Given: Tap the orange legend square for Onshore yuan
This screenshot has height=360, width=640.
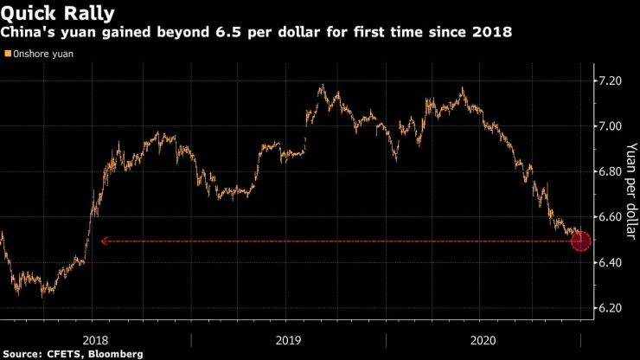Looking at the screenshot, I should coord(7,54).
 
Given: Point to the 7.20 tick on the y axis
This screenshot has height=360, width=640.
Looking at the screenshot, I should coord(611,80).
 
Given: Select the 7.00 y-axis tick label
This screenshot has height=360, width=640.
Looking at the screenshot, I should coord(611,126).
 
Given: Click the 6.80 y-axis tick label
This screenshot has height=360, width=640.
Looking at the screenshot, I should coord(611,171).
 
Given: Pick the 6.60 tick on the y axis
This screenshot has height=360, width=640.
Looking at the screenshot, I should coord(611,217).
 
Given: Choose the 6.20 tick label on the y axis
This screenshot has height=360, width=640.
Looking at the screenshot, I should coord(611,308).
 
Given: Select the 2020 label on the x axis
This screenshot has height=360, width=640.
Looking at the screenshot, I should coord(484,340).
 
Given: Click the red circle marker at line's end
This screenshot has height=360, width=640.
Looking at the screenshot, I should coord(581,241).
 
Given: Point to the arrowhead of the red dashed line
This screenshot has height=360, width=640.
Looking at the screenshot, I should coord(104,241).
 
